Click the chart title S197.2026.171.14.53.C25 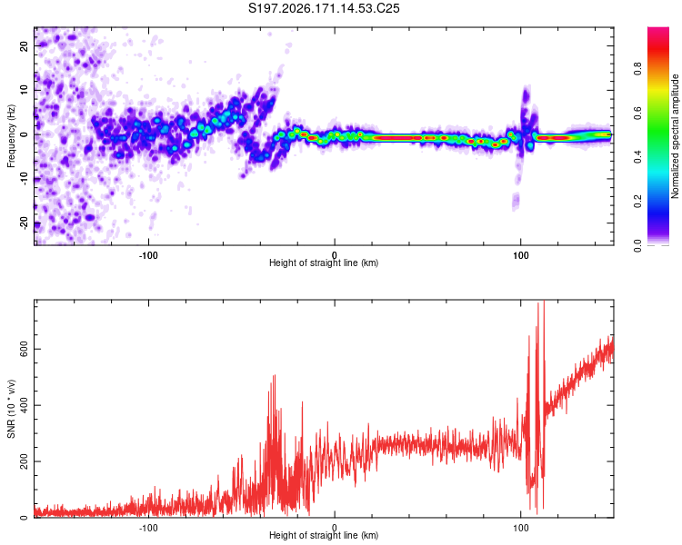(324, 8)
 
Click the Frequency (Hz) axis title (11, 136)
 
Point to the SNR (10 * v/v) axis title (11, 409)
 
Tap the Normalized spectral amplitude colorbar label (675, 136)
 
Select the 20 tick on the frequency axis (25, 45)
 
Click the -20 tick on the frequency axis (25, 223)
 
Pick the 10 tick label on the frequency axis (25, 90)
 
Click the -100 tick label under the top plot (148, 255)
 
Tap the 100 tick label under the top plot (521, 255)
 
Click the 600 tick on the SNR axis (25, 350)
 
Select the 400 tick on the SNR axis (25, 405)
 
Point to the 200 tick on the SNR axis (25, 461)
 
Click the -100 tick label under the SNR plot (148, 528)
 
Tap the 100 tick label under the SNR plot (521, 528)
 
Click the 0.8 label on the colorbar (637, 69)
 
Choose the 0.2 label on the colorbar (637, 202)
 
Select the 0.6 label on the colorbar (637, 113)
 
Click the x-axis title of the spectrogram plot (324, 263)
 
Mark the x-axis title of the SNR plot (324, 535)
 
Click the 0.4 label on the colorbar (637, 157)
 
